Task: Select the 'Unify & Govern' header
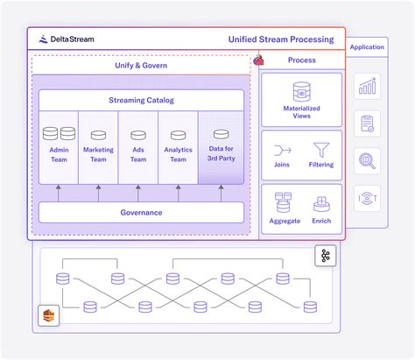(141, 65)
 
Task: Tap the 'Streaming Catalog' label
(141, 100)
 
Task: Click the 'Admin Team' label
(59, 154)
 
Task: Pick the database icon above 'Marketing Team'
(99, 136)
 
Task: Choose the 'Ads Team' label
(138, 154)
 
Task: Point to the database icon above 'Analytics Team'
(178, 136)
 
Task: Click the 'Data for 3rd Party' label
(220, 154)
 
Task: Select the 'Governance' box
(141, 212)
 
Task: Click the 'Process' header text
(301, 60)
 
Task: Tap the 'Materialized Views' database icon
(301, 91)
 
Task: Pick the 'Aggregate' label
(285, 222)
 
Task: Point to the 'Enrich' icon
(321, 203)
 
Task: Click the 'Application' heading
(366, 47)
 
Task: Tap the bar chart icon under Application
(367, 86)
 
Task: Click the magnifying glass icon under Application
(367, 160)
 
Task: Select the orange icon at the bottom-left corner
(46, 314)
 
